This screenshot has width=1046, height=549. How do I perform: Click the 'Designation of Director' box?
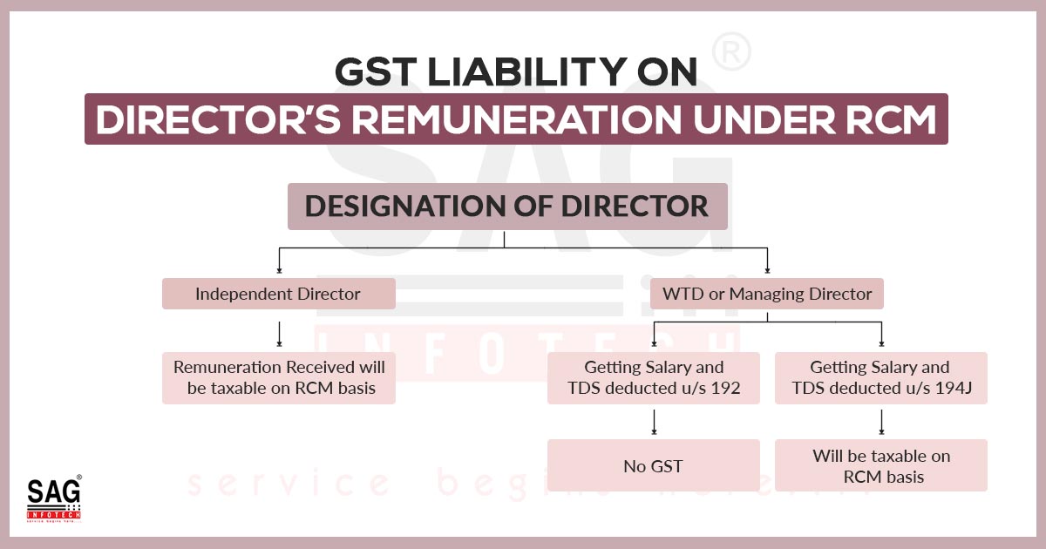[x=507, y=207]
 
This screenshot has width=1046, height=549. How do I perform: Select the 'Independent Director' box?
[x=279, y=294]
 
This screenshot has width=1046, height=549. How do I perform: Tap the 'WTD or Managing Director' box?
[x=767, y=294]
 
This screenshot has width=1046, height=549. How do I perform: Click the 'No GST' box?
[x=653, y=465]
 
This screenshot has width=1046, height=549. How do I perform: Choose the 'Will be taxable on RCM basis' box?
[x=881, y=465]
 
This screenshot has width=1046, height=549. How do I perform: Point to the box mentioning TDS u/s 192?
[x=653, y=377]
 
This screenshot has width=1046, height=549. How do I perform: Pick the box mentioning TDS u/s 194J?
[x=881, y=377]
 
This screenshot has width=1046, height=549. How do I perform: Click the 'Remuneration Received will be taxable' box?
[x=279, y=377]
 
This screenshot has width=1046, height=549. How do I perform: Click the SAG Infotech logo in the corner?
[x=54, y=498]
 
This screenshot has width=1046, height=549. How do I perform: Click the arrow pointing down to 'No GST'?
[x=654, y=422]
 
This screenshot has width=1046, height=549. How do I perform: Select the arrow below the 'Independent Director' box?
[x=279, y=334]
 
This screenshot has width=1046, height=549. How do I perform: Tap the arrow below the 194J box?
[x=881, y=422]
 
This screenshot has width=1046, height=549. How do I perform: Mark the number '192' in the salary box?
[x=724, y=388]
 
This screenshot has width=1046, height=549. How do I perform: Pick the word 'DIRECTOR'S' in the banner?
[x=218, y=119]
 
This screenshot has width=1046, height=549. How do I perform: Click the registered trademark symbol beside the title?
[x=731, y=51]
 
